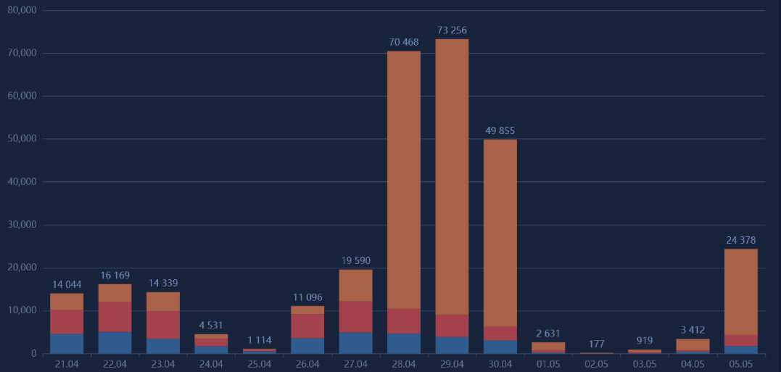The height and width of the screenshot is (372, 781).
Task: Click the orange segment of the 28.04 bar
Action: click(404, 180)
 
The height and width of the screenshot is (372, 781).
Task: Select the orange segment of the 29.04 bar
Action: click(452, 176)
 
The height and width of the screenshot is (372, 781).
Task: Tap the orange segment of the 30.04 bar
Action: click(500, 233)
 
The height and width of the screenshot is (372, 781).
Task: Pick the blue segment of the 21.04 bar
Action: click(67, 344)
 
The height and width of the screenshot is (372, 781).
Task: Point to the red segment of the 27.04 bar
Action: click(355, 316)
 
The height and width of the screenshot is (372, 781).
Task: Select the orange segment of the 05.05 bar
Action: click(741, 292)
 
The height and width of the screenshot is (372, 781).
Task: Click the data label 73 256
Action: click(452, 30)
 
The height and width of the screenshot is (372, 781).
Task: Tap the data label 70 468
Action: click(404, 42)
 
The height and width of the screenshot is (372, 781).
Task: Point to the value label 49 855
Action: click(500, 131)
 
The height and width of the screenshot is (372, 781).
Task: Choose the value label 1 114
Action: click(260, 340)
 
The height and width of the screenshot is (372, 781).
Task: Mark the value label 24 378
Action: click(741, 240)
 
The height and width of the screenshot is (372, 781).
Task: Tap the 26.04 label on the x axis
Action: click(307, 363)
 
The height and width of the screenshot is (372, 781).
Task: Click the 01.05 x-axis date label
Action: click(548, 363)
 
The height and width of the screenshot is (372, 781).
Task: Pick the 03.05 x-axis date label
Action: click(645, 363)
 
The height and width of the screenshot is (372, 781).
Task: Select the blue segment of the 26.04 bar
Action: click(307, 345)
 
